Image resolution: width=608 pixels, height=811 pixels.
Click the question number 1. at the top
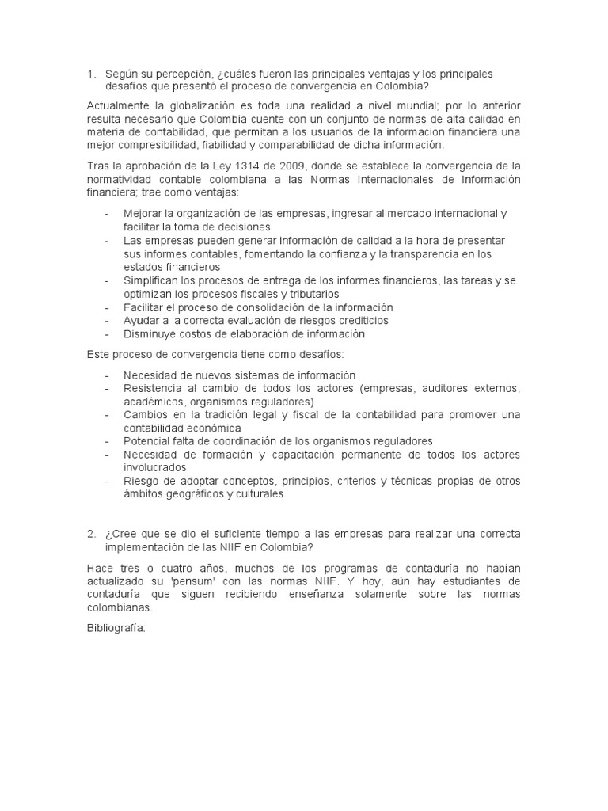92,74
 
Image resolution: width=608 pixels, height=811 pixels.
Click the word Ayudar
141,321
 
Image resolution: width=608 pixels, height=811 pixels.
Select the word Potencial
147,441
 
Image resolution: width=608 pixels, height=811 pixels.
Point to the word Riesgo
142,481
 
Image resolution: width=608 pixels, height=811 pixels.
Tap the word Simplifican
150,280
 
